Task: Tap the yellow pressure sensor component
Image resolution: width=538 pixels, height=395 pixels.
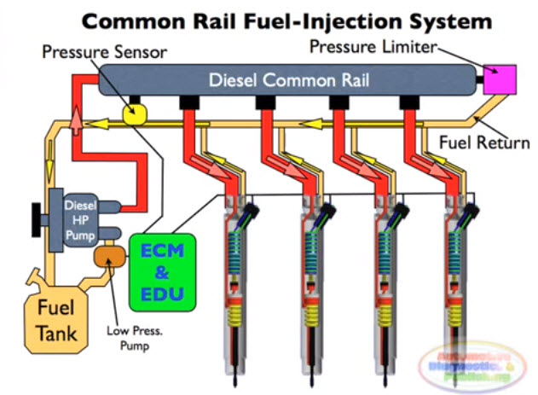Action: click(135, 112)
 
